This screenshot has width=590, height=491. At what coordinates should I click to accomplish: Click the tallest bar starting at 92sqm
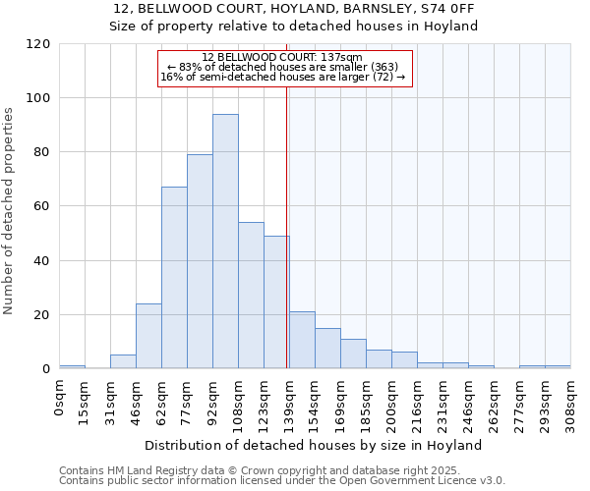(225, 242)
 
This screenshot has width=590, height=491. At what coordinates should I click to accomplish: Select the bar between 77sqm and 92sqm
(200, 261)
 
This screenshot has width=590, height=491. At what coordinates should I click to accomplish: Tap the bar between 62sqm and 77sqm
(174, 278)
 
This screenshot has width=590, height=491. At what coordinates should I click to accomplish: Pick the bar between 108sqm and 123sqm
(251, 296)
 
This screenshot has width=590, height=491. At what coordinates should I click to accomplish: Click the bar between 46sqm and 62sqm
(148, 336)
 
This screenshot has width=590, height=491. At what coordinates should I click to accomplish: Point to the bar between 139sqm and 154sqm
(302, 340)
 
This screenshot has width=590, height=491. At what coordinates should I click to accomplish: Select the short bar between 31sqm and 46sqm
(123, 361)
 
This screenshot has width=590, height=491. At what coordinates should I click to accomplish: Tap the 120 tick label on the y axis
(38, 44)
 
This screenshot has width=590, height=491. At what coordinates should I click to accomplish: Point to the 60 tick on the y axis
(42, 207)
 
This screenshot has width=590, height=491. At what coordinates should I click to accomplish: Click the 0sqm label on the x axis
(60, 398)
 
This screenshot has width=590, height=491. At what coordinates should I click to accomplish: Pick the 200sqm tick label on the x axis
(392, 403)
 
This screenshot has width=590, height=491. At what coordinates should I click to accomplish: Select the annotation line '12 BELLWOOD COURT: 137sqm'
(282, 58)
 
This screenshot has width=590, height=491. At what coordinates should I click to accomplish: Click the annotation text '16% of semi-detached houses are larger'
(282, 77)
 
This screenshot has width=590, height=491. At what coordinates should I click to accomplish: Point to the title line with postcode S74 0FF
(295, 9)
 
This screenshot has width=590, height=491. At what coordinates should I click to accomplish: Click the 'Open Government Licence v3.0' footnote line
(282, 481)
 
